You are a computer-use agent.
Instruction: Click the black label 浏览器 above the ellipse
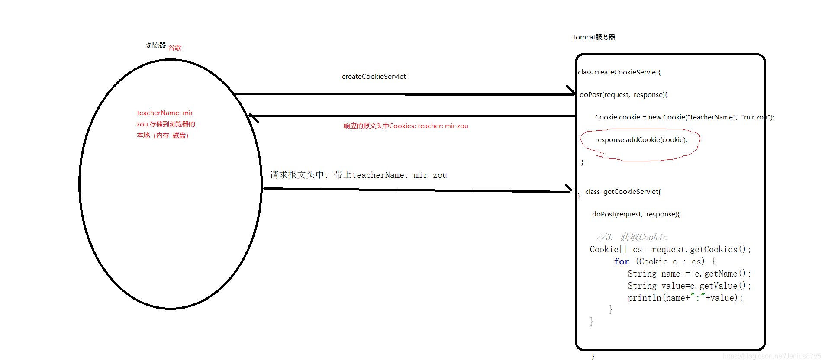(156, 45)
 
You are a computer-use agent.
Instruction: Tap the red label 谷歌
(175, 48)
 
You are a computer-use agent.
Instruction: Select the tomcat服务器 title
(594, 37)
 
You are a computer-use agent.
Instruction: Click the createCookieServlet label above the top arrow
(374, 77)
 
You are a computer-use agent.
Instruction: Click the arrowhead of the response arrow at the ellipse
(253, 117)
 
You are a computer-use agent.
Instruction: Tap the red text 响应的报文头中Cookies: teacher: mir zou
(406, 126)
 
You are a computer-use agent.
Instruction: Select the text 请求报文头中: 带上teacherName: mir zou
(358, 175)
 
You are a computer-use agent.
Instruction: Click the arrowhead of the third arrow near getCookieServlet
(568, 189)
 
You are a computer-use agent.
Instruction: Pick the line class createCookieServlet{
(619, 72)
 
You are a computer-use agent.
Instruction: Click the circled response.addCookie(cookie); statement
(641, 140)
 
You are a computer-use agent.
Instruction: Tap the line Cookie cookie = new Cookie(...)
(684, 117)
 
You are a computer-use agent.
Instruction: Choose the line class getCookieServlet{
(622, 192)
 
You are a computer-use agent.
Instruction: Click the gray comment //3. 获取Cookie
(632, 237)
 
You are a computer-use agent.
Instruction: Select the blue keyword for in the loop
(621, 261)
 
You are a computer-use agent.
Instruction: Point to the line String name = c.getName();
(689, 274)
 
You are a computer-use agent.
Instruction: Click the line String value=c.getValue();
(689, 286)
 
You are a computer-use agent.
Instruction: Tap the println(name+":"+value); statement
(685, 298)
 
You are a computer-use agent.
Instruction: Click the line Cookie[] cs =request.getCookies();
(670, 249)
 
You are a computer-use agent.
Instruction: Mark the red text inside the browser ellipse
(165, 124)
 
